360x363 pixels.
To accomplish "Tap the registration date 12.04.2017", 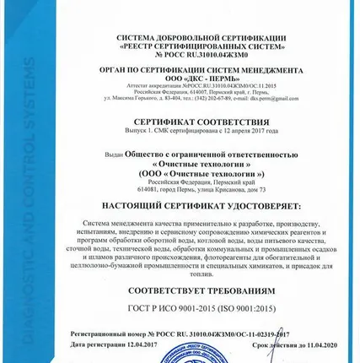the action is pyautogui.click(x=128, y=344).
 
